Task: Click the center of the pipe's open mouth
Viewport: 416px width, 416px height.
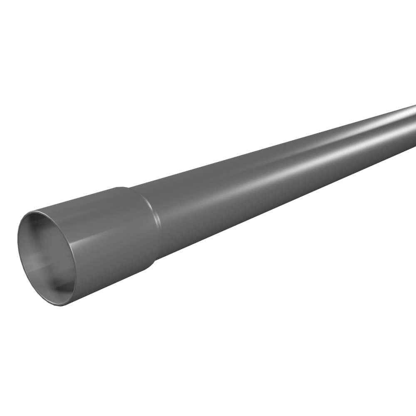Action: click(47, 258)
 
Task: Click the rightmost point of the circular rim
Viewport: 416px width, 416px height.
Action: click(76, 266)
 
